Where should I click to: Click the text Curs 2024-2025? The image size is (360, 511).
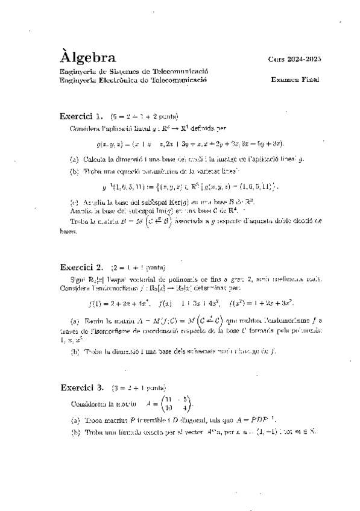coord(295,59)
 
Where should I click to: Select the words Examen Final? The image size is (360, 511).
coord(295,80)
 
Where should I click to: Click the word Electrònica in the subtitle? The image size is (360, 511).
coord(124,80)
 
